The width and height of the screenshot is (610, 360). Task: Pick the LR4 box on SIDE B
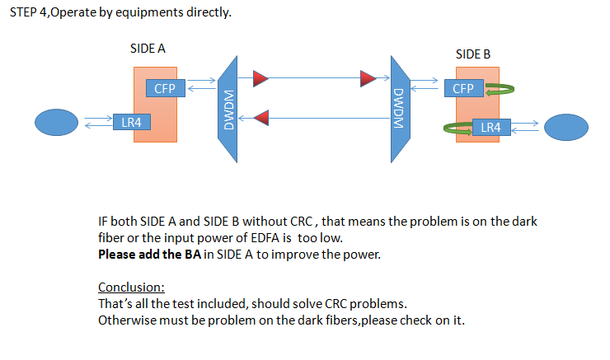point(490,128)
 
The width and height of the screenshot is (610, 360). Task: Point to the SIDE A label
point(148,49)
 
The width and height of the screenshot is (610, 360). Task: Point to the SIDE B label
point(473,54)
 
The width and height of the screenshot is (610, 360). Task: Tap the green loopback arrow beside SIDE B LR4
point(461,128)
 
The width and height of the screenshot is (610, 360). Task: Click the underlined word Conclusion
point(132,288)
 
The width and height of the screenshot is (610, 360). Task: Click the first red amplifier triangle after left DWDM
point(260,79)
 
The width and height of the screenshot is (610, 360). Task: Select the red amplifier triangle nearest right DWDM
point(368,79)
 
